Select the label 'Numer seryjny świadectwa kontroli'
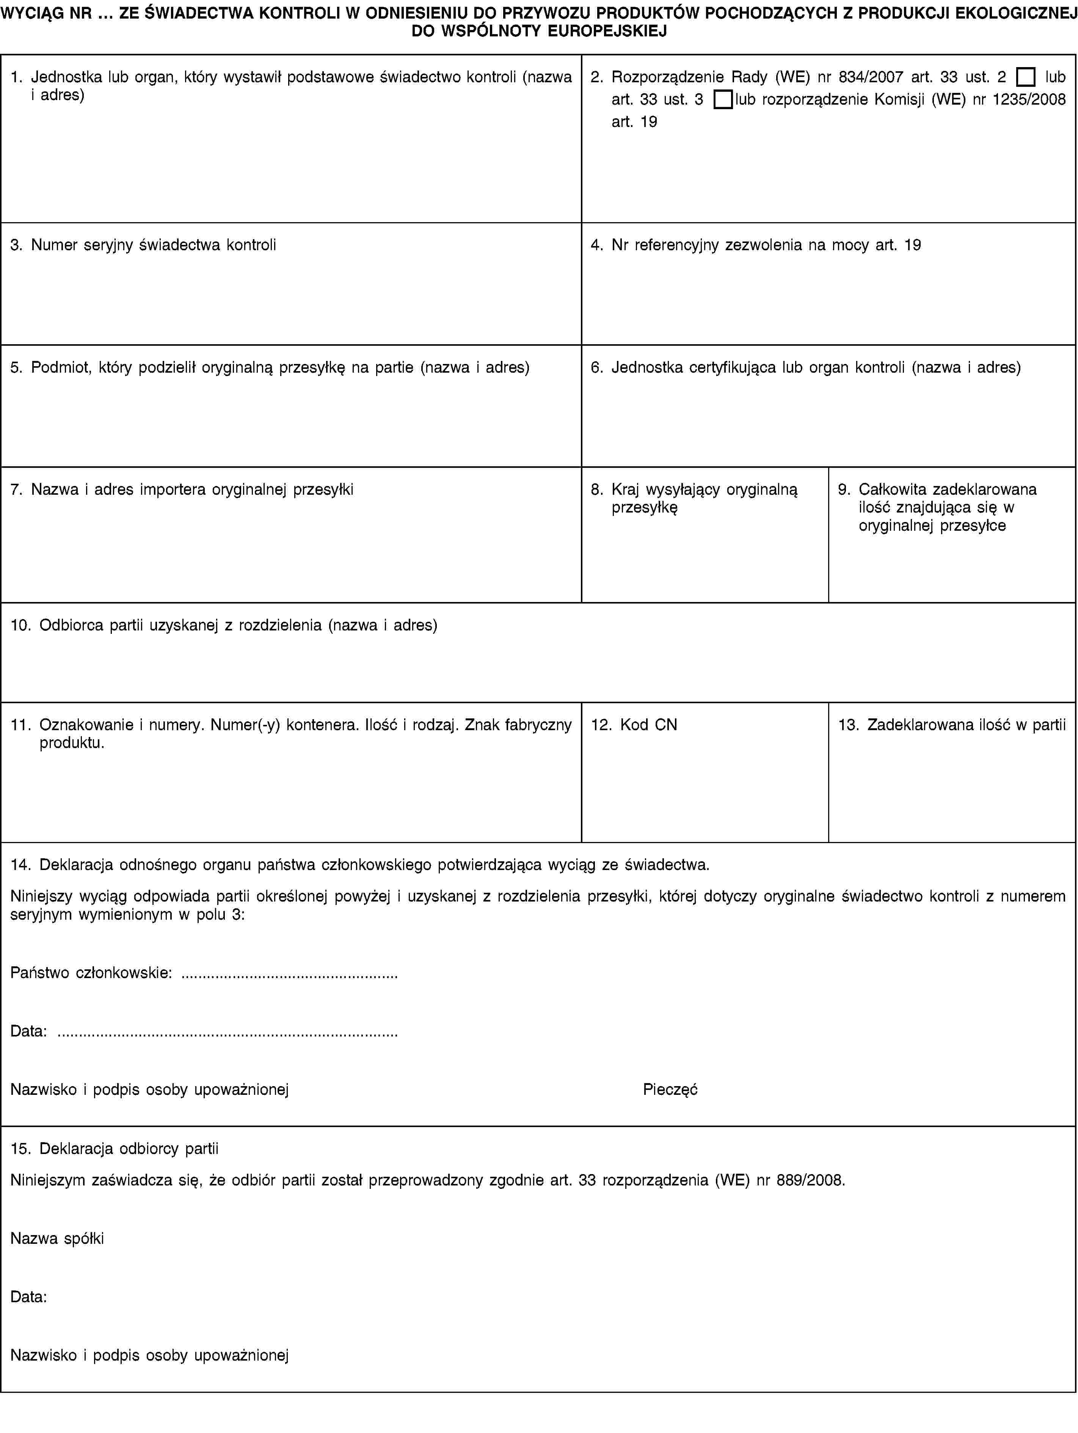pyautogui.click(x=154, y=245)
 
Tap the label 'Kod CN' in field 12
pyautogui.click(x=648, y=725)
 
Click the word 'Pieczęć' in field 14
pyautogui.click(x=670, y=1090)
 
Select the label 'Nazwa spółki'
pyautogui.click(x=57, y=1239)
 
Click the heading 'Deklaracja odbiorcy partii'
pyautogui.click(x=129, y=1149)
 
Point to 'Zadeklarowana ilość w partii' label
pyautogui.click(x=966, y=725)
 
